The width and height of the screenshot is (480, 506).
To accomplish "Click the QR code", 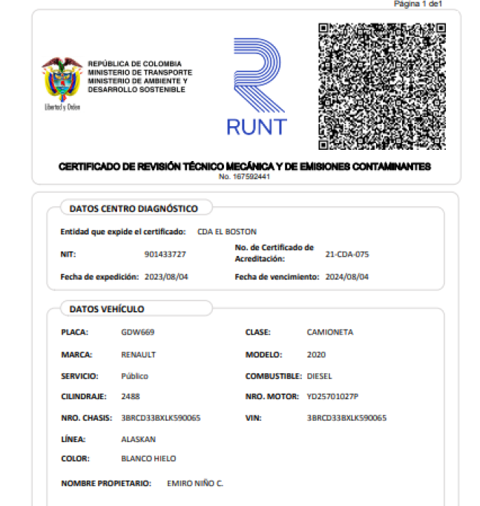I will (381, 85).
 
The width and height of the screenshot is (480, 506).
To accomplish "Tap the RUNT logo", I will (256, 87).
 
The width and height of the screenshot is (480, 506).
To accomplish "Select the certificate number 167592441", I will (244, 177).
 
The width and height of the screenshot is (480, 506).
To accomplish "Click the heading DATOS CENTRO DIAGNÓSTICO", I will (134, 208).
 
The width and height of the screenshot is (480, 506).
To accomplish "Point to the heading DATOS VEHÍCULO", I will (107, 309).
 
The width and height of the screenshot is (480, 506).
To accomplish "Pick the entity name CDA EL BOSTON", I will (227, 231).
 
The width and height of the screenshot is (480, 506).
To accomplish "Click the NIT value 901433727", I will (165, 254).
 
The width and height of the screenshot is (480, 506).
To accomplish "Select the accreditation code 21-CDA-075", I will (347, 254).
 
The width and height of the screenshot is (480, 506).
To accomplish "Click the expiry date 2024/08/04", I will (343, 277).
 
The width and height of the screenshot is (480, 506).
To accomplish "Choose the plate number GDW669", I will (137, 332).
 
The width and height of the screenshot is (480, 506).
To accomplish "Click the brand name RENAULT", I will (139, 355).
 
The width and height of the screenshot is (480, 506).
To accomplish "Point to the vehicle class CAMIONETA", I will (330, 332).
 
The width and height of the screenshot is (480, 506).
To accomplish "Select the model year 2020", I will (316, 355).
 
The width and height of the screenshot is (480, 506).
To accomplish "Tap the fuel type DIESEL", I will (319, 376).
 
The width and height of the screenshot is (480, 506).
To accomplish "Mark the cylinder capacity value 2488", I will (131, 397).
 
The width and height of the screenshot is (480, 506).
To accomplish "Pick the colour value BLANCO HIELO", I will (148, 459).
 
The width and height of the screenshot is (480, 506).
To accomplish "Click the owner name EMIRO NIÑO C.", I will (195, 484).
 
